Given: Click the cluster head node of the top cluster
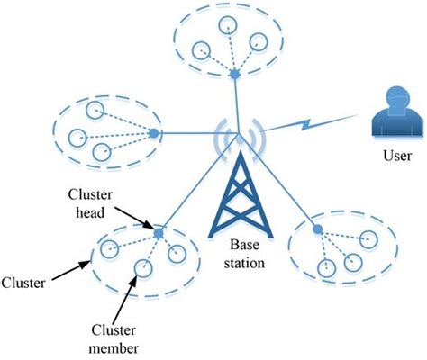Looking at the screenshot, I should pyautogui.click(x=234, y=72).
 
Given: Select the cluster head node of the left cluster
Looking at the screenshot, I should pyautogui.click(x=153, y=134).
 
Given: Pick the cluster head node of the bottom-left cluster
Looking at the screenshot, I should pyautogui.click(x=158, y=234).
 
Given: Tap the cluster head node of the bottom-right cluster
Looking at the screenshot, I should pyautogui.click(x=316, y=229).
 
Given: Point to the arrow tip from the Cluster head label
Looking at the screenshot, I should pyautogui.click(x=153, y=231).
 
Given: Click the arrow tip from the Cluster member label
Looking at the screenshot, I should pyautogui.click(x=138, y=274).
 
